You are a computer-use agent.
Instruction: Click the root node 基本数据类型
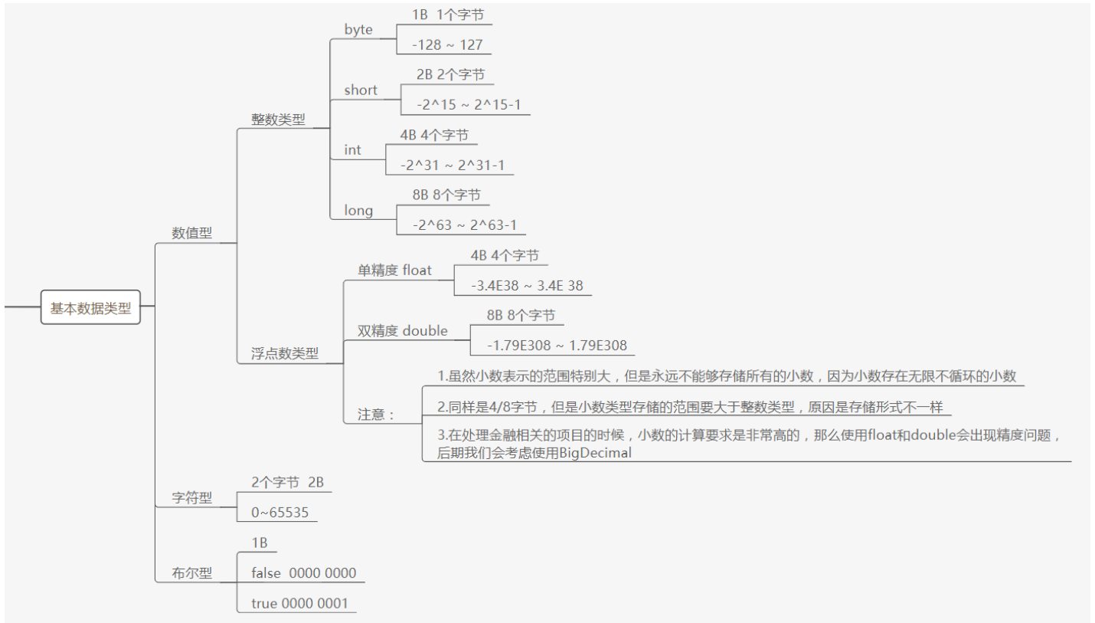90,308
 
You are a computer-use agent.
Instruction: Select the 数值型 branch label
191,233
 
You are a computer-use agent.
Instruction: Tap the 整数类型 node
278,119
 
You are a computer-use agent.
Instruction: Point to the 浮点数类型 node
285,353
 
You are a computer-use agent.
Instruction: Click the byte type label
358,30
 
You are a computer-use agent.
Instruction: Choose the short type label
361,90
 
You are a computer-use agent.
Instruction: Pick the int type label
352,150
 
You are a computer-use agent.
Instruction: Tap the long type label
358,210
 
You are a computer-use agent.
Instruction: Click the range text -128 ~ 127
447,44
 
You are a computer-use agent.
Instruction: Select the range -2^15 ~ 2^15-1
469,104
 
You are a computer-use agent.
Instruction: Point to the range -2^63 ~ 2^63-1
464,225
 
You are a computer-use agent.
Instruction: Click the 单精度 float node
394,271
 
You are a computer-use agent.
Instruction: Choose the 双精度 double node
403,331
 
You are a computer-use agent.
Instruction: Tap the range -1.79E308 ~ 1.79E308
557,346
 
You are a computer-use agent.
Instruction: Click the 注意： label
376,415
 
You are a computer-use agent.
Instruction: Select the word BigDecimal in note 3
595,452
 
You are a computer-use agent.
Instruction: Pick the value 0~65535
279,513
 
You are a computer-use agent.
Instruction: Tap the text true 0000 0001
299,604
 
